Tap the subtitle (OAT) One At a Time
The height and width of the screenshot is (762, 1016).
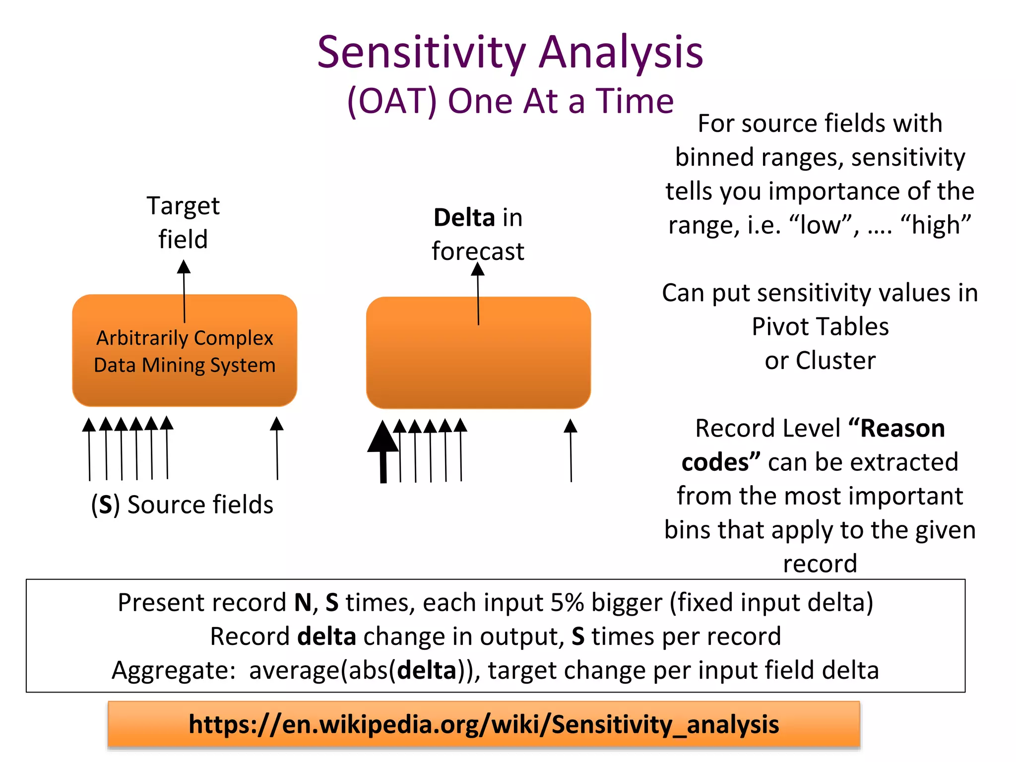pos(510,102)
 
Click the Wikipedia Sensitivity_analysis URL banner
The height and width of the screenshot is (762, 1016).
pos(484,724)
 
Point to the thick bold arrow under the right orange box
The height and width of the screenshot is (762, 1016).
pos(383,451)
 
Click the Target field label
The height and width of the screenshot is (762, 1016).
pos(183,222)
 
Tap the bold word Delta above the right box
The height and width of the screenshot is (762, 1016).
pos(464,218)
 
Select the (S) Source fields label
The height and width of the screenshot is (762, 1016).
pos(182,505)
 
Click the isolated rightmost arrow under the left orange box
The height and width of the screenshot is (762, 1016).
pos(277,449)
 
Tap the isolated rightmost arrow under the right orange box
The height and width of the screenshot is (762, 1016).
pos(571,450)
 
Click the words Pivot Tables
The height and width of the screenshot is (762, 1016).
pos(820,327)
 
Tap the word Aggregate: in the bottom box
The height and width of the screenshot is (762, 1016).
pos(174,671)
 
